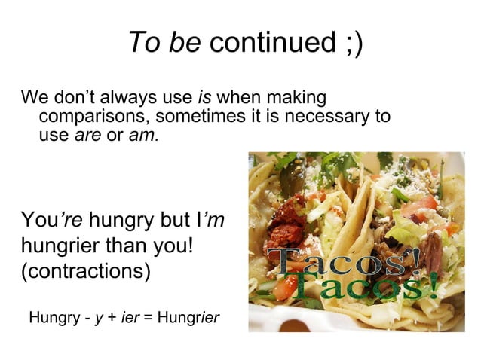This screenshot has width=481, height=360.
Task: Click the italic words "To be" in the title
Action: click(164, 43)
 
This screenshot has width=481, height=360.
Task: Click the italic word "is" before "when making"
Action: click(204, 98)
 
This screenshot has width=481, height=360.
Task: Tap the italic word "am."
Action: click(143, 137)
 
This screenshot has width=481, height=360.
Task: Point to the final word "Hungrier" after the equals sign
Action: click(188, 318)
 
